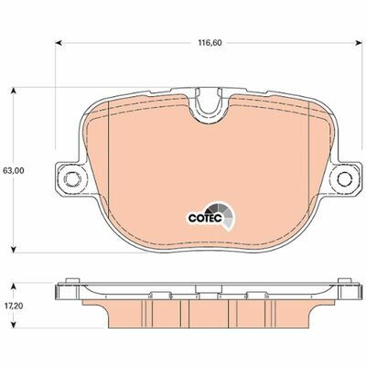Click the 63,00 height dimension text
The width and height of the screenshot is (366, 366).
(13, 171)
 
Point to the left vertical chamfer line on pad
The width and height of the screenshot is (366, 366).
(109, 174)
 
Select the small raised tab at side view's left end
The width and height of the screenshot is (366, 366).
(69, 283)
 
